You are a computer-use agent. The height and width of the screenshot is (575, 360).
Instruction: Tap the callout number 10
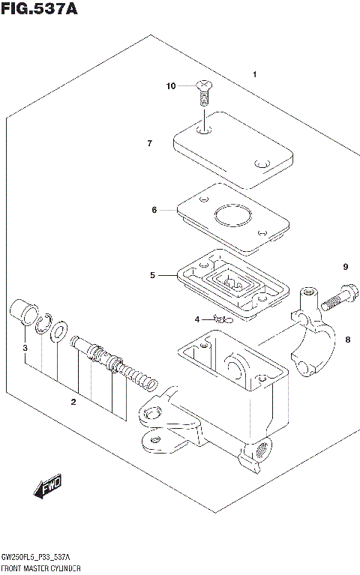pos(171,86)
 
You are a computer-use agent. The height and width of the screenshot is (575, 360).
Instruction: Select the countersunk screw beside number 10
pos(203,92)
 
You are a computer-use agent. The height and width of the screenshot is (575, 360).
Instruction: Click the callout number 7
pos(150,142)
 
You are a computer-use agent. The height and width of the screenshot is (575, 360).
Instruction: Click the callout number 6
pos(154,210)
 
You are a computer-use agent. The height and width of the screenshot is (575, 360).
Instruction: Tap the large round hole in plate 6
pos(232,218)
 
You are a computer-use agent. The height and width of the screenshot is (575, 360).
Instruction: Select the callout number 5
pos(151,275)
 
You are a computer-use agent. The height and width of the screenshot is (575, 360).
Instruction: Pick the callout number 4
pos(198,319)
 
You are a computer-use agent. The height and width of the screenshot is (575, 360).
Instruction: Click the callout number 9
pos(346,267)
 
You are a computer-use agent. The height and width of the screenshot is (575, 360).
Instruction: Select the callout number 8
pos(347,340)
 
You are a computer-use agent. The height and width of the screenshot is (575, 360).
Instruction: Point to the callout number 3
pos(25,349)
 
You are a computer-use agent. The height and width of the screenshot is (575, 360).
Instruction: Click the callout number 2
pos(73,403)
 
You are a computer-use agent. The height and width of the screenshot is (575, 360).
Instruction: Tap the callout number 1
pos(255,74)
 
